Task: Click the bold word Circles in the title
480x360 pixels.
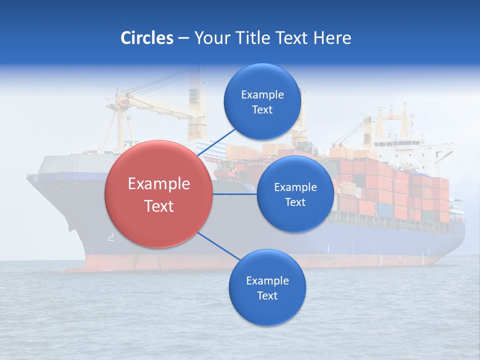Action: tap(146, 38)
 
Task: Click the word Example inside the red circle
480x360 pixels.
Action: tap(159, 184)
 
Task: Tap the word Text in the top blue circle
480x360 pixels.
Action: tap(262, 110)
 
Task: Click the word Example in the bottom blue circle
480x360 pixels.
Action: tap(267, 281)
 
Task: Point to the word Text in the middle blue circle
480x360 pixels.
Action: tap(295, 202)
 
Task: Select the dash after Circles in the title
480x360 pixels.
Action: tap(183, 38)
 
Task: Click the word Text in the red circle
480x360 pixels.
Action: tap(159, 206)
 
